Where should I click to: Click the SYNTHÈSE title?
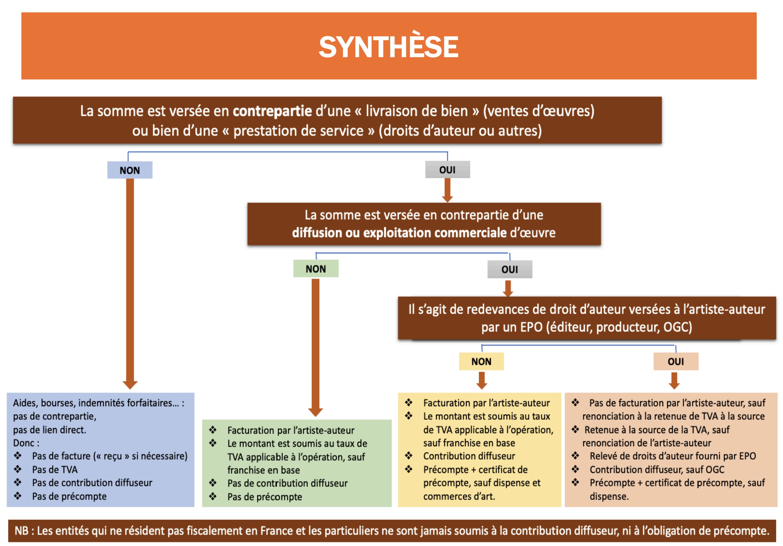388,47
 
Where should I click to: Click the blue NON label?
130,170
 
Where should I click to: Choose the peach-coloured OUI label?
676,361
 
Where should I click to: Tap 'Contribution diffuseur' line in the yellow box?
469,456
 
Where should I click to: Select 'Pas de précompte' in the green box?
265,497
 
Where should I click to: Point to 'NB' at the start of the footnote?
21,531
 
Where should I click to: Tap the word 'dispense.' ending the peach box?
609,496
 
